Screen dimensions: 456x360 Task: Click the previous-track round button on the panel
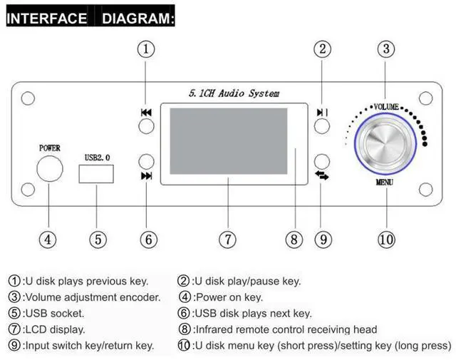(146, 126)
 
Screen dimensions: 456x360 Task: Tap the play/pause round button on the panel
(321, 126)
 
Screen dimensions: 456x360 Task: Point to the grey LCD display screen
(228, 142)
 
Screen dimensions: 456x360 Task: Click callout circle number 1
(146, 49)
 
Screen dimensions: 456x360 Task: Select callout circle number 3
(386, 49)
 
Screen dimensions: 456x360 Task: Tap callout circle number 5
(98, 240)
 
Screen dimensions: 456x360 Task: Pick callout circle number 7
(227, 240)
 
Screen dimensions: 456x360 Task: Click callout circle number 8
(294, 240)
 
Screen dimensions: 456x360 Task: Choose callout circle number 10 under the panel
(386, 240)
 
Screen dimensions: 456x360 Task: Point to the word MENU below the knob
(385, 182)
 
